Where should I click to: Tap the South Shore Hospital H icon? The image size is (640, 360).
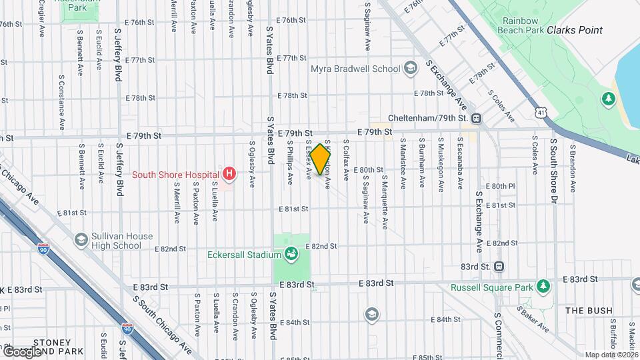click(229, 175)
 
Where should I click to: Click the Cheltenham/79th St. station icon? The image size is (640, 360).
click(477, 118)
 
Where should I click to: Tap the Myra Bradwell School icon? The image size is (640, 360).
click(411, 69)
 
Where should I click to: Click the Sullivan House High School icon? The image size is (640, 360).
click(81, 239)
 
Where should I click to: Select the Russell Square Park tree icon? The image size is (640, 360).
click(544, 287)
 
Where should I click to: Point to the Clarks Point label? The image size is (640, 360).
click(575, 30)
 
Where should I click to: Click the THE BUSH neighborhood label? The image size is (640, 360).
click(589, 311)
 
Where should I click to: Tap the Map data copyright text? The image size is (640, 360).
click(612, 355)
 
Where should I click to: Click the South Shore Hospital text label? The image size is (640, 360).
click(176, 175)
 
